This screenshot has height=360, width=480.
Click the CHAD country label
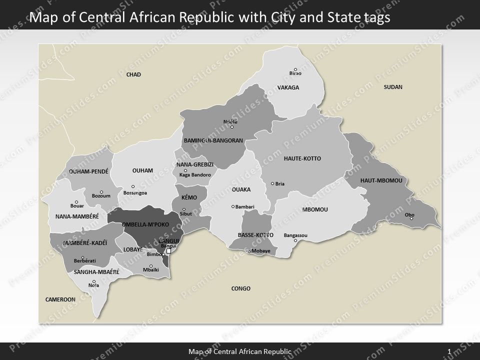[x=133, y=75]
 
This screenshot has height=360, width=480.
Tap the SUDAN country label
[x=393, y=87]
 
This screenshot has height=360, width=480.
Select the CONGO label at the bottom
[x=241, y=288]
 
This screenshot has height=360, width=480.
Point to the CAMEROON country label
[x=60, y=299]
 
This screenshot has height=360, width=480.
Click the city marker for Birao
[x=295, y=69]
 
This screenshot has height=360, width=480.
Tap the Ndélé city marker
[x=231, y=127]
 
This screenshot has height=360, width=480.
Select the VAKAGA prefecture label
[x=288, y=88]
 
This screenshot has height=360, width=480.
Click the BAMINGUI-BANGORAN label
[x=213, y=140]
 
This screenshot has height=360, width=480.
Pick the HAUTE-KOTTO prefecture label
[x=302, y=158]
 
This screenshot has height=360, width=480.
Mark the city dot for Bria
[x=272, y=183]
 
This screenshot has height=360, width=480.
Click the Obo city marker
[x=411, y=218]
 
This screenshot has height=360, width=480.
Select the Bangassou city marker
[x=295, y=240]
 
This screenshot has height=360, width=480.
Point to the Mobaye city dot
[x=249, y=251]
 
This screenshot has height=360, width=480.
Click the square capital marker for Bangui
[x=168, y=251]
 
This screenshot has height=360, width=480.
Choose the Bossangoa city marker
[x=133, y=186]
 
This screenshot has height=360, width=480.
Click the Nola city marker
[x=94, y=281]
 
